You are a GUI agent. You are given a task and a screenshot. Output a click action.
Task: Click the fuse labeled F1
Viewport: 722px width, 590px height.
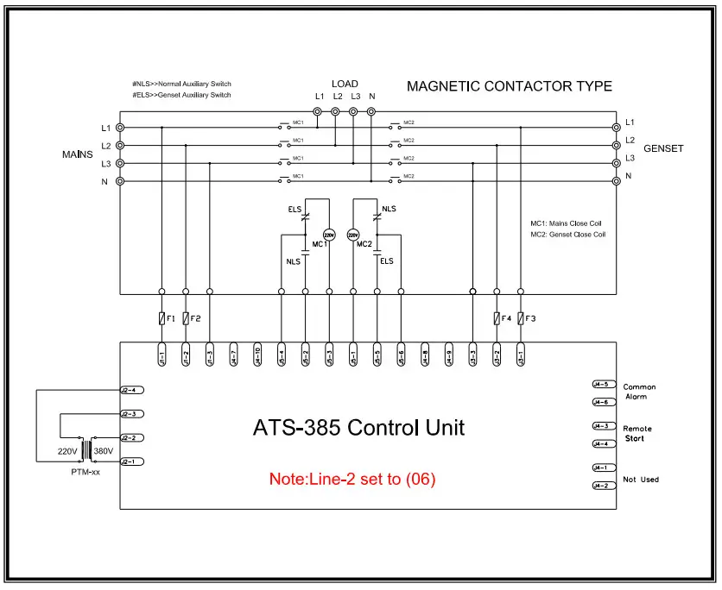point(161,318)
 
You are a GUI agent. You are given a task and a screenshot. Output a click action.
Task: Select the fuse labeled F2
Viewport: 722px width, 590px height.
point(186,318)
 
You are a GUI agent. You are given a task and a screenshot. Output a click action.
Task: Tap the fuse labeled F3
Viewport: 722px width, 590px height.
point(520,318)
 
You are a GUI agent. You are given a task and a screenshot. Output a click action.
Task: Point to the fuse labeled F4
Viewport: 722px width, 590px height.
point(496,318)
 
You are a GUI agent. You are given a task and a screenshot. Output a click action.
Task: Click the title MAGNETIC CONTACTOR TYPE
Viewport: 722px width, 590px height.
point(510,86)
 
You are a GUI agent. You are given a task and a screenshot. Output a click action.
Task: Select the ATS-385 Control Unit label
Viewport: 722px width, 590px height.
point(358,427)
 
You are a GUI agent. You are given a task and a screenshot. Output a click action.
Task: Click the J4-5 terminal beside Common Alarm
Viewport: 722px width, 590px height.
point(601,384)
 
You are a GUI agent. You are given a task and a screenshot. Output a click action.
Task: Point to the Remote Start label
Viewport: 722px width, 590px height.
point(637,434)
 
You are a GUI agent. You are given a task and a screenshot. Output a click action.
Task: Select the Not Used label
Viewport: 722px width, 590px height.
point(641,479)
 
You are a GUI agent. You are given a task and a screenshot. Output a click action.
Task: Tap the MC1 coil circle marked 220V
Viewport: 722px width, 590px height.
point(328,235)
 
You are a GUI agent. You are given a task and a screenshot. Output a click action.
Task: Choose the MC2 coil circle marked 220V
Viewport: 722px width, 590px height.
point(352,235)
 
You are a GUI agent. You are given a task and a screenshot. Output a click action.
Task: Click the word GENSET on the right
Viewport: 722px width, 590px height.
point(663,148)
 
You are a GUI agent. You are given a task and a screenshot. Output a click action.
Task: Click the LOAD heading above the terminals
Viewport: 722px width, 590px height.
point(345,84)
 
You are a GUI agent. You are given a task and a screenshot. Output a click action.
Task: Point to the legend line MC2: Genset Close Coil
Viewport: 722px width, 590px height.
point(567,235)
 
